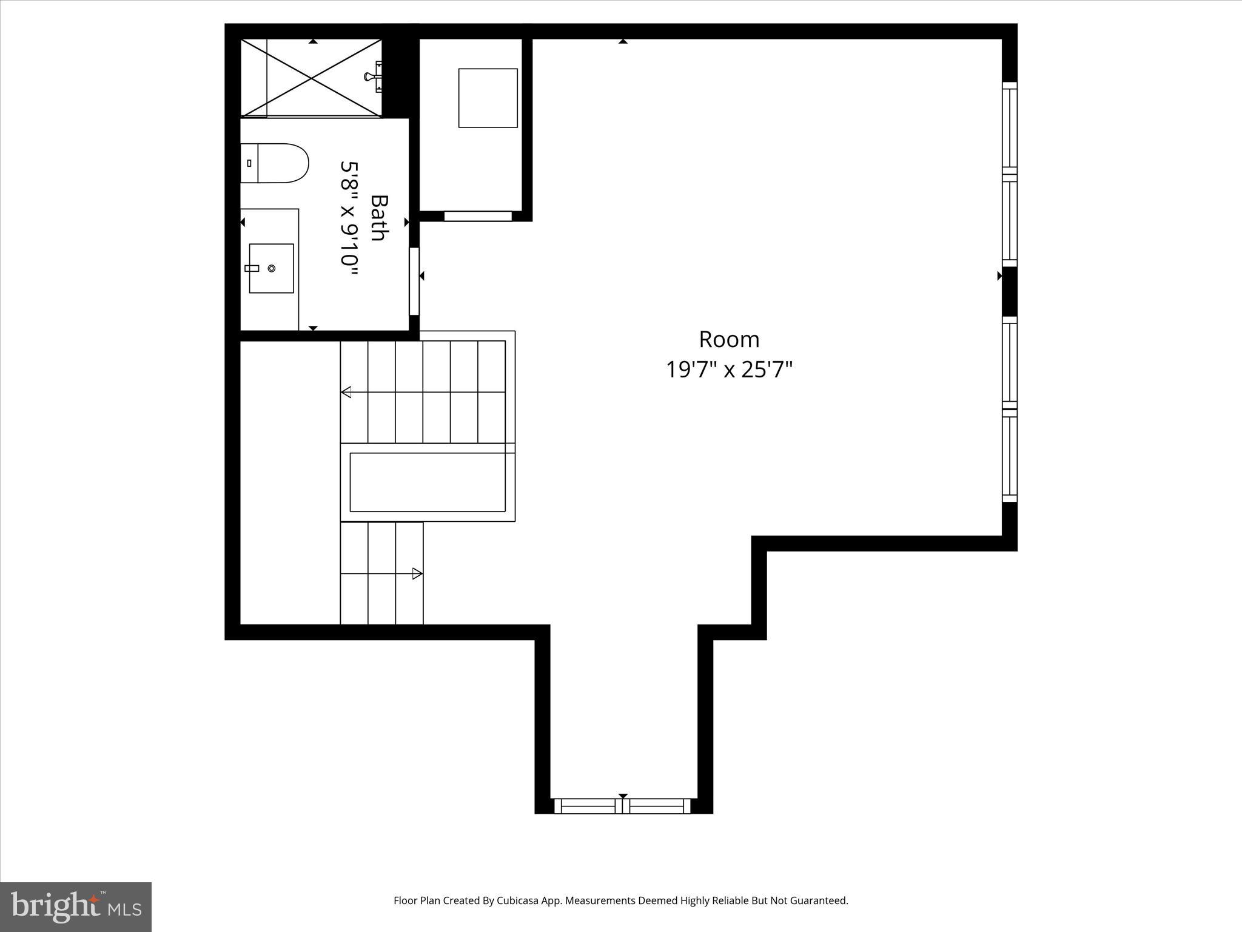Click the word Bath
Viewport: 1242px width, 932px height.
378,217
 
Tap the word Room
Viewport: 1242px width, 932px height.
729,339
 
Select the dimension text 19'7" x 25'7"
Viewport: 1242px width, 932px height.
729,369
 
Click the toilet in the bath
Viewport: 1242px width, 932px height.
275,163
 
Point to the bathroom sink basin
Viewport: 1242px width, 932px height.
271,268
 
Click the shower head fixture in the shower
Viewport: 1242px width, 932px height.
371,76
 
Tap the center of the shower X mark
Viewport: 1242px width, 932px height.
312,78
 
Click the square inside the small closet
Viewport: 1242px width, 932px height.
488,98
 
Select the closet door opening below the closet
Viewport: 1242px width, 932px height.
478,216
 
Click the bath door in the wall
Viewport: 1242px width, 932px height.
414,281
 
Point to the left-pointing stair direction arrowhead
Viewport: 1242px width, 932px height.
346,392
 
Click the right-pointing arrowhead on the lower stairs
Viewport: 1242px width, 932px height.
417,573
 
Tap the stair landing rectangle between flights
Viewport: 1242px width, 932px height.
428,482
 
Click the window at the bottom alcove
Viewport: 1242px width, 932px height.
622,806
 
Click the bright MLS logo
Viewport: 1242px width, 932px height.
76,906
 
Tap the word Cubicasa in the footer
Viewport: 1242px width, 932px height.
520,900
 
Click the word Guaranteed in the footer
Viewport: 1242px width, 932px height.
816,900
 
